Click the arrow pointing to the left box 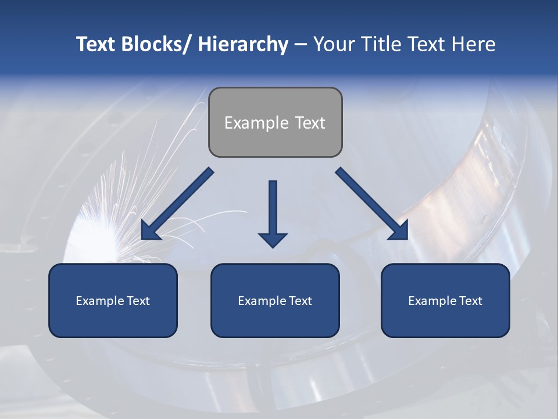(x=177, y=204)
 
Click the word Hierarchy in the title (x=243, y=44)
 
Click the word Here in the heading (x=473, y=44)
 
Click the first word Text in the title (x=97, y=44)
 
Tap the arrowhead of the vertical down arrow (x=273, y=239)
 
